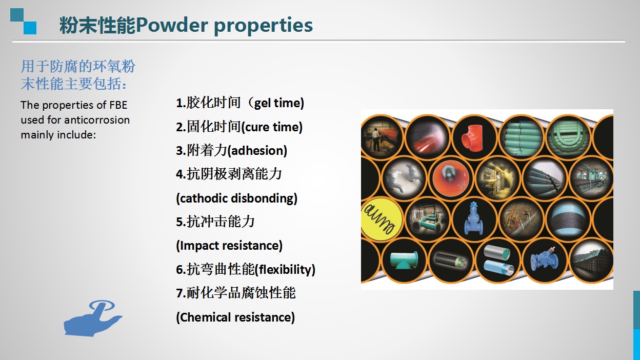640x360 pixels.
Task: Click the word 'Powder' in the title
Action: pyautogui.click(x=172, y=25)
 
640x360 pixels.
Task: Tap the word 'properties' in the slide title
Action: pyautogui.click(x=264, y=26)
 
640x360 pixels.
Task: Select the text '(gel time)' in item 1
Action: pyautogui.click(x=279, y=104)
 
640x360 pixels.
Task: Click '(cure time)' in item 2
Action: pyautogui.click(x=272, y=127)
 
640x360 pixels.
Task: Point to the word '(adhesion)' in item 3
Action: pyautogui.click(x=257, y=151)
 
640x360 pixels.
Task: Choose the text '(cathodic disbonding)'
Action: pyautogui.click(x=236, y=198)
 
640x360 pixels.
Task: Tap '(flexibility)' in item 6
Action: pyautogui.click(x=285, y=270)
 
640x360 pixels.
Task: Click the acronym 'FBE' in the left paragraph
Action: pyautogui.click(x=118, y=105)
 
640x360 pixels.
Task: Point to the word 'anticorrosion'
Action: pyautogui.click(x=97, y=120)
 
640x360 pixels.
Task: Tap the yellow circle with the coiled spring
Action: pyautogui.click(x=381, y=219)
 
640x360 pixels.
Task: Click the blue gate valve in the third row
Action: pyautogui.click(x=474, y=218)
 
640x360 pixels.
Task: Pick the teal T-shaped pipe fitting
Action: pyautogui.click(x=404, y=259)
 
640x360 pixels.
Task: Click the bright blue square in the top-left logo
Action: pyautogui.click(x=30, y=28)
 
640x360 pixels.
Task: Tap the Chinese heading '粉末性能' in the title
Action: pyautogui.click(x=97, y=25)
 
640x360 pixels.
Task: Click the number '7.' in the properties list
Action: pyautogui.click(x=181, y=293)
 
